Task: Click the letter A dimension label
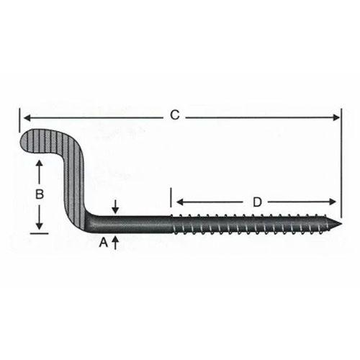pyautogui.click(x=103, y=242)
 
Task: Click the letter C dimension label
pyautogui.click(x=174, y=114)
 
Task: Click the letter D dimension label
pyautogui.click(x=257, y=202)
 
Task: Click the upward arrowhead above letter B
pyautogui.click(x=40, y=166)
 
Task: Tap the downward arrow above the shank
pyautogui.click(x=115, y=208)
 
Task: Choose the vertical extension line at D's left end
pyautogui.click(x=171, y=200)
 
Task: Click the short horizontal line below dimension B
pyautogui.click(x=40, y=232)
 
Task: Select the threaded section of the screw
pyautogui.click(x=252, y=222)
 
